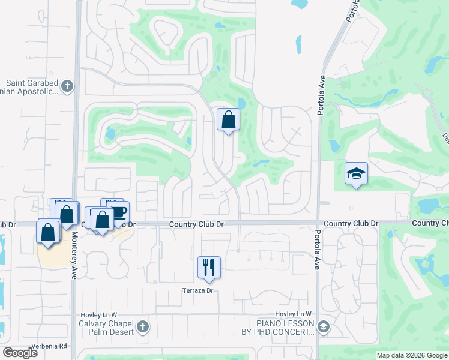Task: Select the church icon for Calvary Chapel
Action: pos(142,327)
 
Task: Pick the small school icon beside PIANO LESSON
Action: pos(324,327)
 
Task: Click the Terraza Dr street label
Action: pos(198,291)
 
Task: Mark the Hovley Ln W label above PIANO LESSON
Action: pos(293,314)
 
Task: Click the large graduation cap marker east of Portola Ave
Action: pos(357,173)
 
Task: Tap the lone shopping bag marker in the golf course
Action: pos(229,119)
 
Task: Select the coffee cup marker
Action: pos(118,211)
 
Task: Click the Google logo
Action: pos(20,352)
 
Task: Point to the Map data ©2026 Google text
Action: pos(411,355)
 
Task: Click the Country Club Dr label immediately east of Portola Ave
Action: pos(351,223)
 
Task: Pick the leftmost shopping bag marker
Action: pos(48,232)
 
